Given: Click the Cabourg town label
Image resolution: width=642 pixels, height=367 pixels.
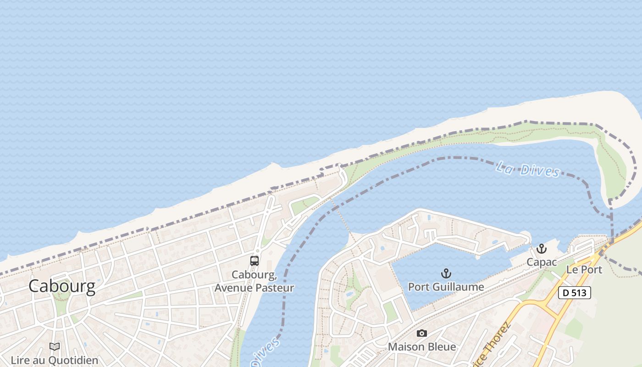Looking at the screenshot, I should [x=62, y=286].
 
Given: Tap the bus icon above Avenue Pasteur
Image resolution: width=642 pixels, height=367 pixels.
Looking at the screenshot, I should [x=255, y=261].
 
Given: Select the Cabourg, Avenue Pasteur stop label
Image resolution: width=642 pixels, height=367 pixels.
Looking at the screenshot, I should [x=255, y=281].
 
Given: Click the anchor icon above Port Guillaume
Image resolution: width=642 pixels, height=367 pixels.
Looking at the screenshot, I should [x=446, y=274].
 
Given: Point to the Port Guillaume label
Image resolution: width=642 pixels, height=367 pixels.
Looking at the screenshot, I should [x=446, y=287].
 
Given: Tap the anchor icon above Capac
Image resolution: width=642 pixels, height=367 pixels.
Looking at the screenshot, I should [x=542, y=249].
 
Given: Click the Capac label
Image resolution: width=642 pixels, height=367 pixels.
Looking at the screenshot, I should [x=542, y=262].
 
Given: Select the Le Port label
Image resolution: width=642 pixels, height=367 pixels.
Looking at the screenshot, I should [x=584, y=269].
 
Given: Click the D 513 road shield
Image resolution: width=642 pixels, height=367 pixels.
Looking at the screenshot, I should [x=574, y=293].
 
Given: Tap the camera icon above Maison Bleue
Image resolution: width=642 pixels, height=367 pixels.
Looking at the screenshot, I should [x=422, y=334].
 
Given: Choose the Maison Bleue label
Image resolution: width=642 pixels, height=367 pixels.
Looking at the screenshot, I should [x=422, y=347].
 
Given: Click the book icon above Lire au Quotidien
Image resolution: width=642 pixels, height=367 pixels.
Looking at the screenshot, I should [x=55, y=347].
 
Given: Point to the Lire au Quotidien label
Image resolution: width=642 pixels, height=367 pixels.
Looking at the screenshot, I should [x=55, y=360].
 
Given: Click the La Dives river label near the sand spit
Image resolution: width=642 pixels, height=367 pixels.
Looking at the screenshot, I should [x=528, y=169].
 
